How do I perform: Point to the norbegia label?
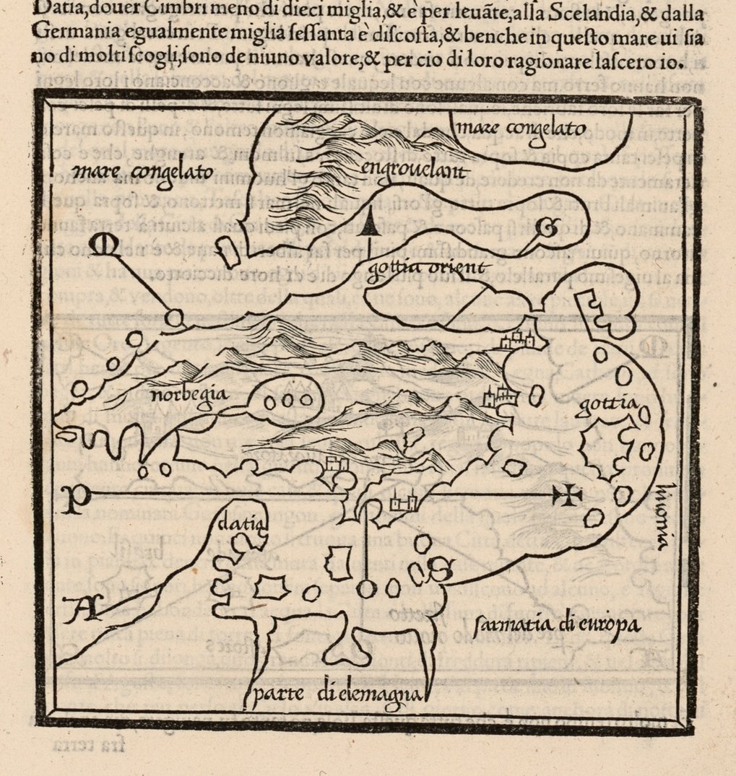[x=180, y=395]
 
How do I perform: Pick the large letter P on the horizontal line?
[x=72, y=499]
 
